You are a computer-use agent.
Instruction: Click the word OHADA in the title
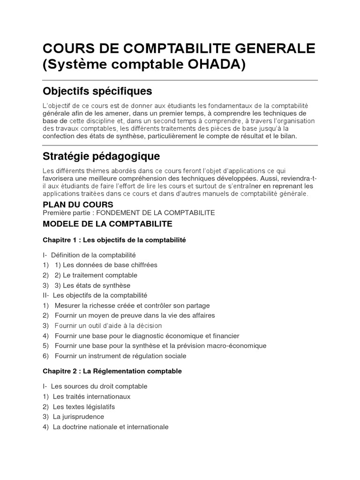tap(219, 64)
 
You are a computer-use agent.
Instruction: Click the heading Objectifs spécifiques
tap(97, 90)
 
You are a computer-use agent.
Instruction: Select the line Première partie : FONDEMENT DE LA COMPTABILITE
tap(129, 213)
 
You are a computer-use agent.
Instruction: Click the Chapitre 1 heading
tap(114, 240)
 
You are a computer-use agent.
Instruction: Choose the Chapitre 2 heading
tap(112, 371)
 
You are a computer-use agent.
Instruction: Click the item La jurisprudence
tap(78, 417)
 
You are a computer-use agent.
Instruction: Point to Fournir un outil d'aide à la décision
tap(108, 325)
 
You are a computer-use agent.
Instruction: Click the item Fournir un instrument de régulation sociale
tap(120, 356)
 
